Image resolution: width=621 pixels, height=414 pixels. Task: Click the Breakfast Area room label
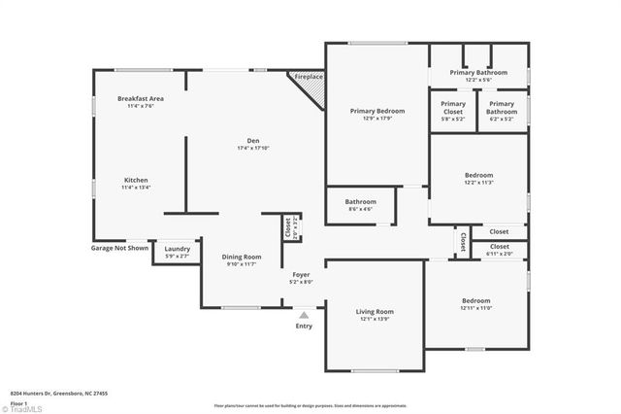[x=140, y=98]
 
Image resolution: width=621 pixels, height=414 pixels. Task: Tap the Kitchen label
[x=136, y=180]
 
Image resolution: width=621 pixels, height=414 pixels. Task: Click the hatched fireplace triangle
[x=311, y=90]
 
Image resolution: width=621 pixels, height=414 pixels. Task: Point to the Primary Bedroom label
[x=377, y=112]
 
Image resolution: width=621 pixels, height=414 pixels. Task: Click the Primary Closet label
[x=453, y=104]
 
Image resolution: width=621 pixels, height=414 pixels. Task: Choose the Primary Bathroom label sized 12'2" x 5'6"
[x=478, y=72]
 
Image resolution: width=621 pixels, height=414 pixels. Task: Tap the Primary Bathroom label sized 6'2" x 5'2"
[x=502, y=104]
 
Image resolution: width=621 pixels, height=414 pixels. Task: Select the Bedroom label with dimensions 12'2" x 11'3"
[x=479, y=176]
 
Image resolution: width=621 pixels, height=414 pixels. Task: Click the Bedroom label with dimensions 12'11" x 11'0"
[x=475, y=300]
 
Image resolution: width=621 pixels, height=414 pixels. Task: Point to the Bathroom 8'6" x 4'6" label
[x=360, y=202]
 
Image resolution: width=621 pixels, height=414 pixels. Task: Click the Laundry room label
[x=177, y=249]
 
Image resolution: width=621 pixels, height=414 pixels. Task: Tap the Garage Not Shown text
[x=120, y=248]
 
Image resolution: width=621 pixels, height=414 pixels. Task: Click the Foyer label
[x=301, y=275]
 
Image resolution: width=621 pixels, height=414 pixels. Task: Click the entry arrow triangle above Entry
[x=304, y=315]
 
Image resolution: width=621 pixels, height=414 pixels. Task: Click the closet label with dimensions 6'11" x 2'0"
[x=499, y=249]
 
